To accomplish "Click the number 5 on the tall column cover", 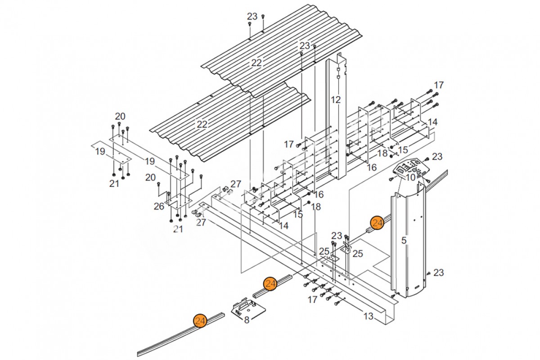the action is (x=404, y=240).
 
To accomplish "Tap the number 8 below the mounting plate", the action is (x=247, y=320).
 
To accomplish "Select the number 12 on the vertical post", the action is (x=336, y=99).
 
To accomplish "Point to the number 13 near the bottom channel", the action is (x=368, y=316).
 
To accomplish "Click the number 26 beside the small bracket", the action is (x=159, y=207).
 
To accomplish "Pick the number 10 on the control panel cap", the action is (x=410, y=178).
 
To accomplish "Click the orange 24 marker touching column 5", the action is (x=378, y=223).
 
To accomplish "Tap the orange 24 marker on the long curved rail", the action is (x=200, y=321).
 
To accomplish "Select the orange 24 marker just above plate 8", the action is (x=270, y=284).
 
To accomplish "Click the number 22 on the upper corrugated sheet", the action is (x=256, y=63).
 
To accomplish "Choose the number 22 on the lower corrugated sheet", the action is (x=202, y=124).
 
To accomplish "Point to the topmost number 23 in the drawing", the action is (x=252, y=16).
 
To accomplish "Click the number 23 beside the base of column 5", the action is (x=438, y=273).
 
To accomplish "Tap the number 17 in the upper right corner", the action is (x=439, y=85).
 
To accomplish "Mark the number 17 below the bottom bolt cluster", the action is (x=312, y=300).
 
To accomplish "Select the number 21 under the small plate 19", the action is (x=114, y=184).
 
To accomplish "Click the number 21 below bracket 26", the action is (x=178, y=229).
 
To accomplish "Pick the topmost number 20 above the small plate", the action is (x=120, y=117).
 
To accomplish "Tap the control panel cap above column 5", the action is (x=411, y=171).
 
